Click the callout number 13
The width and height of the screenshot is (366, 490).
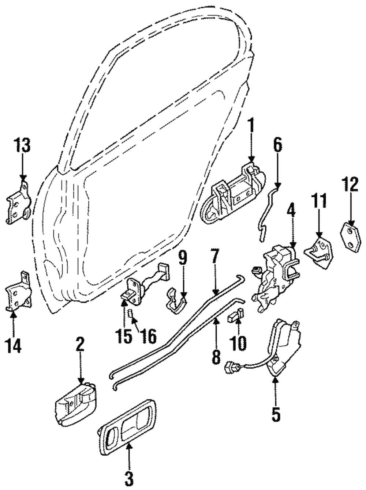tap(22, 146)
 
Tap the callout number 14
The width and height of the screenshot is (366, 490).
tap(14, 345)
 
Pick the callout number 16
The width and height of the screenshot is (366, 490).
tap(148, 335)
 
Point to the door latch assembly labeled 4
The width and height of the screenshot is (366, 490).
tap(276, 274)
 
